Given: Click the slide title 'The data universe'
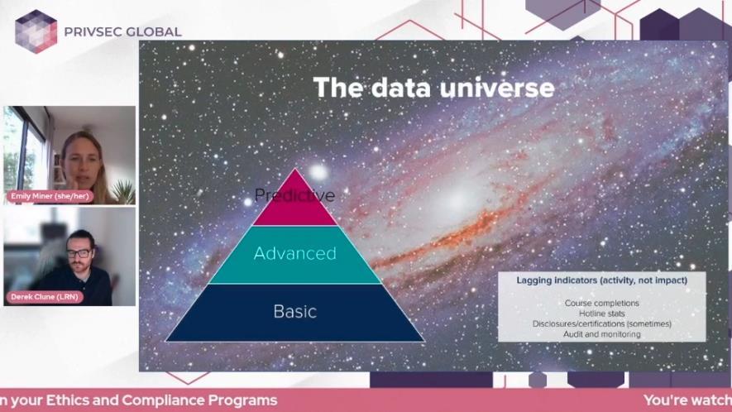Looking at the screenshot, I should click(433, 87).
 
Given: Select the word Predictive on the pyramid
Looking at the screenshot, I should click(294, 195).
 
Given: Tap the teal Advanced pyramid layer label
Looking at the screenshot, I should click(294, 253).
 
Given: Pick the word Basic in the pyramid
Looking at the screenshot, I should click(294, 312).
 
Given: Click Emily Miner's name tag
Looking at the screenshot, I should click(50, 197).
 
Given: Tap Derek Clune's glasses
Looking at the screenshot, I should click(79, 252).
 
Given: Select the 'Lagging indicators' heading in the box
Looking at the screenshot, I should click(601, 280).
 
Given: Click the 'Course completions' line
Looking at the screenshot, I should click(601, 304).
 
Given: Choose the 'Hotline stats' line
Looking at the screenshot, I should click(601, 314).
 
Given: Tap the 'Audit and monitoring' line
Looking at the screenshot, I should click(601, 333).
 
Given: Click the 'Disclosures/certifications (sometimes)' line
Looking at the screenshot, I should click(601, 323).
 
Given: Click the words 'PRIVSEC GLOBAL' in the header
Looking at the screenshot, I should click(122, 32).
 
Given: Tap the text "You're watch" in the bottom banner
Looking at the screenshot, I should click(687, 400).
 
